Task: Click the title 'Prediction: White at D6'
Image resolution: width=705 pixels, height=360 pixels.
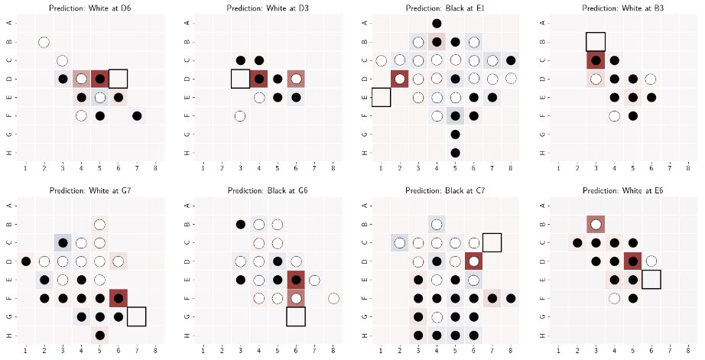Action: pyautogui.click(x=90, y=8)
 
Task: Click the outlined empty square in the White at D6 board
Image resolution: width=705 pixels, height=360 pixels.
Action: pyautogui.click(x=118, y=79)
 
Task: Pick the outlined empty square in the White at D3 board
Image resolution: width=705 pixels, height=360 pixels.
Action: pyautogui.click(x=240, y=79)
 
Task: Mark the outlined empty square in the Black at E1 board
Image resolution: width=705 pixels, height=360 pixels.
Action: pyautogui.click(x=381, y=97)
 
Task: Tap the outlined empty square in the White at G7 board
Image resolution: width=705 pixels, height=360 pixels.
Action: pyautogui.click(x=137, y=316)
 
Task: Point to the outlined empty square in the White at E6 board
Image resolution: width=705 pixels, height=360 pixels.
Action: pyautogui.click(x=651, y=280)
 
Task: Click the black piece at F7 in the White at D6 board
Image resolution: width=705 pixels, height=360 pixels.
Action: pyautogui.click(x=136, y=116)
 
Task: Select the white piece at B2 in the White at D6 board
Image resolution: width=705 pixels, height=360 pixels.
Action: pyautogui.click(x=44, y=42)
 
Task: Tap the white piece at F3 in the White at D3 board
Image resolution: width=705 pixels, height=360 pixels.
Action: pyautogui.click(x=240, y=116)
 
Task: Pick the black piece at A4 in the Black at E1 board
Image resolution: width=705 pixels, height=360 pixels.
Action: pyautogui.click(x=437, y=24)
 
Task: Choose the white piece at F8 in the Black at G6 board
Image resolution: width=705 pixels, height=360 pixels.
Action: pyautogui.click(x=333, y=298)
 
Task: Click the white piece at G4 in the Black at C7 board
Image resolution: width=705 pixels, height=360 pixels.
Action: pyautogui.click(x=437, y=316)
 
